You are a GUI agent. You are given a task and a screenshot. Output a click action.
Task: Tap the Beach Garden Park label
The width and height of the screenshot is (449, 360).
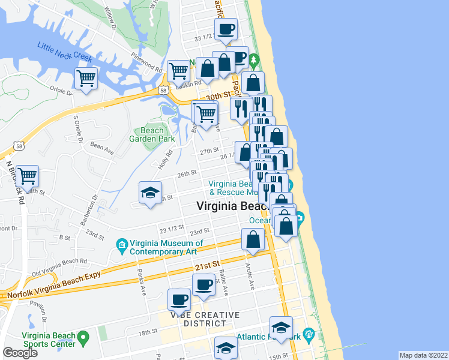coord(152,134)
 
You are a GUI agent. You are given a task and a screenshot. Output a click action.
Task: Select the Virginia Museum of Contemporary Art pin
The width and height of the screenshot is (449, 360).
coord(122,245)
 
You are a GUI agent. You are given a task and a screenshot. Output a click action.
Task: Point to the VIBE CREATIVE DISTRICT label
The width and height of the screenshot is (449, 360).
coord(204,319)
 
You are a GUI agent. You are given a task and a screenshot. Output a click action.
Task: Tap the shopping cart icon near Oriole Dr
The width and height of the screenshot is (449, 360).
coord(86,77)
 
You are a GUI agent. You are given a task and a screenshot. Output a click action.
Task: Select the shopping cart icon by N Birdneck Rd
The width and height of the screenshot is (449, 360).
coord(28,176)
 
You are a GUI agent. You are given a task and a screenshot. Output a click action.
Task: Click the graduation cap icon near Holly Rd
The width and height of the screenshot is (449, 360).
coord(151,193)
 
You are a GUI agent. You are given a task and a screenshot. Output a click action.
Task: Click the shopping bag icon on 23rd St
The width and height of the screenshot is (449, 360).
coord(253,239)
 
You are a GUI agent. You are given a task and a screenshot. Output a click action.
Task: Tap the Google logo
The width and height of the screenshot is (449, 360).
coord(20,353)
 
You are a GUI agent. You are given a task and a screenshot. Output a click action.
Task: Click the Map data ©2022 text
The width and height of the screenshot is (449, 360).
coord(423,355)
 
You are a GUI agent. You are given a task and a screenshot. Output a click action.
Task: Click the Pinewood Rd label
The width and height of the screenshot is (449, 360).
coord(148,62)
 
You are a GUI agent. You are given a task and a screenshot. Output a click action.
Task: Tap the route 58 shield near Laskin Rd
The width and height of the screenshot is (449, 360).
coord(163,90)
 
